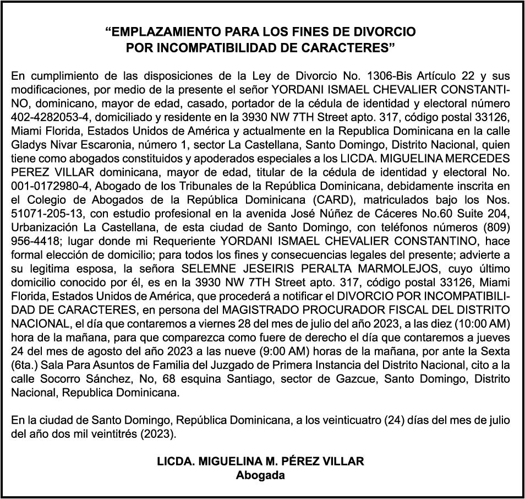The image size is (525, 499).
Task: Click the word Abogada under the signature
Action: [x=260, y=475]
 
